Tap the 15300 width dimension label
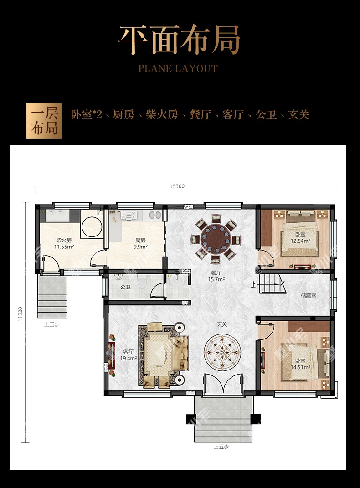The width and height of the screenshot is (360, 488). [177, 186]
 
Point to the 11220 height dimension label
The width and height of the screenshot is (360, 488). [20, 313]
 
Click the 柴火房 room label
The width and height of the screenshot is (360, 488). [64, 240]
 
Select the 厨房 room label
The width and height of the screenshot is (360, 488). [140, 240]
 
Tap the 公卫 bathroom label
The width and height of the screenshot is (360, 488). [125, 287]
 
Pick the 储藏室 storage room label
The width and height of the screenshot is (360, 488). [309, 295]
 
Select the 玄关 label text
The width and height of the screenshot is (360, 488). [222, 324]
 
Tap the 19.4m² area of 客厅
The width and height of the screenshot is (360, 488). [128, 358]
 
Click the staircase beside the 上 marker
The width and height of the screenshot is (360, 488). [273, 283]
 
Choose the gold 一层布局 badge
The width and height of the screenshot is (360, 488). [44, 121]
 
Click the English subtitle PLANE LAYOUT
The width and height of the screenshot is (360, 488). [178, 68]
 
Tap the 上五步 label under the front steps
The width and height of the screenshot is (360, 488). [221, 447]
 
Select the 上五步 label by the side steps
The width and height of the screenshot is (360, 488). [51, 324]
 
